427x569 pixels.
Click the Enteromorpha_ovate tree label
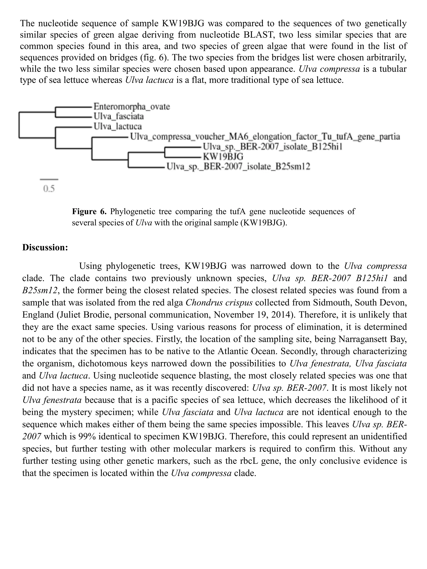pyautogui.click(x=131, y=106)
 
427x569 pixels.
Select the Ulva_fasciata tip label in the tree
pyautogui.click(x=118, y=116)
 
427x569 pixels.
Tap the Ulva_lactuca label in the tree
pyautogui.click(x=117, y=126)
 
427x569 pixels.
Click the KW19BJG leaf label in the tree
pyautogui.click(x=223, y=156)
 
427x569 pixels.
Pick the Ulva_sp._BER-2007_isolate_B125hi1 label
pyautogui.click(x=272, y=147)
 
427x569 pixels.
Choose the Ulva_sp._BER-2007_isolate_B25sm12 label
pyautogui.click(x=238, y=167)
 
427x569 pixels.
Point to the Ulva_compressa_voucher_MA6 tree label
pyautogui.click(x=265, y=136)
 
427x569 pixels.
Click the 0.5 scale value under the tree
pyautogui.click(x=49, y=189)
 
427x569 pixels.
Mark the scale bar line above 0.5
pyautogui.click(x=49, y=179)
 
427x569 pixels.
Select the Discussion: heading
pyautogui.click(x=45, y=248)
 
